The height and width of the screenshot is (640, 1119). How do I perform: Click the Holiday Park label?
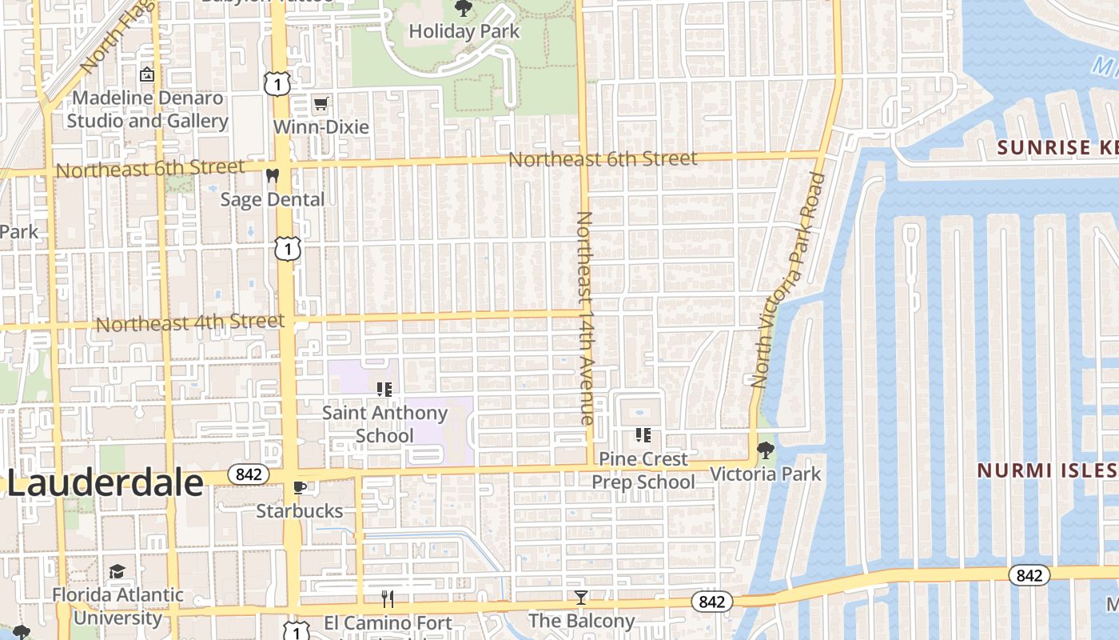(x=464, y=32)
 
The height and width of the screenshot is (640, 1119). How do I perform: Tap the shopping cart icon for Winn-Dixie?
(x=321, y=103)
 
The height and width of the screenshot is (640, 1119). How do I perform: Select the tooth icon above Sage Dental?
(x=273, y=175)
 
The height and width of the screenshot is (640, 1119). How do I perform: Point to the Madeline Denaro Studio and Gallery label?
(x=147, y=110)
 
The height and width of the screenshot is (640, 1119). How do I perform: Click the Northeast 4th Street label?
(x=190, y=323)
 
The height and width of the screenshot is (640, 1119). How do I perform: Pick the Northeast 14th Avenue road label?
(x=585, y=318)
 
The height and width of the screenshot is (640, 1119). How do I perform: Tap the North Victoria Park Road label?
(x=787, y=280)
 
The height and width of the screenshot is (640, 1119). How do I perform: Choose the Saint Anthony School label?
(x=384, y=424)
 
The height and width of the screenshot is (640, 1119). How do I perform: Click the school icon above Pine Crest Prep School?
(x=643, y=435)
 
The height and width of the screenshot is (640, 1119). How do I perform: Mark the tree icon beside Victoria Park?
(x=766, y=450)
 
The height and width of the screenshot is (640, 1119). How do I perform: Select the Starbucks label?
(x=300, y=511)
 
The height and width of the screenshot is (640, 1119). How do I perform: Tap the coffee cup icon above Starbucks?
(x=300, y=487)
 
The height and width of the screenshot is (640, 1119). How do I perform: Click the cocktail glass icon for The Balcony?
(x=581, y=597)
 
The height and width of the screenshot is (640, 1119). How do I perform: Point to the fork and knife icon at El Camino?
(x=388, y=598)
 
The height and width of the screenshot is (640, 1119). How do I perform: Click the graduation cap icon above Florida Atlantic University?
(x=117, y=571)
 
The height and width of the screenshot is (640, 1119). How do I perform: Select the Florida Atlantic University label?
(x=118, y=606)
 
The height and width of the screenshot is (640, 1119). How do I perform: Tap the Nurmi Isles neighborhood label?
(x=1047, y=470)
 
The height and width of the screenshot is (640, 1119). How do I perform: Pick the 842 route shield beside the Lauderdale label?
(x=249, y=474)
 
